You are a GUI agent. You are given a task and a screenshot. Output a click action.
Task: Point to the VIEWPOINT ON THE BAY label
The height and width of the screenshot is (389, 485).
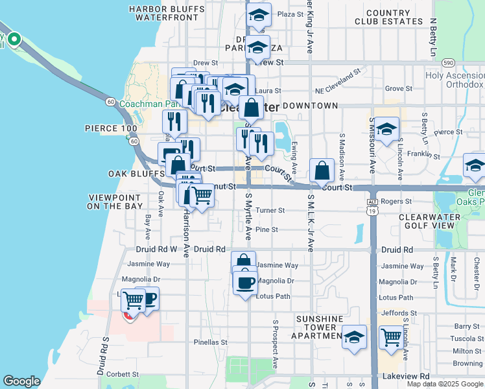click(115, 201)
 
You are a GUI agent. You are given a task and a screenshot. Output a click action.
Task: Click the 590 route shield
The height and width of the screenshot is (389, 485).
click(448, 62)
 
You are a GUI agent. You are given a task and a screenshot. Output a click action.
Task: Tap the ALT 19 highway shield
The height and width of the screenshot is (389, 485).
click(372, 206)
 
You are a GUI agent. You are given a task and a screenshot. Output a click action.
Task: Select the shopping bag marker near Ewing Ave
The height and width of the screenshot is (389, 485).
click(322, 171)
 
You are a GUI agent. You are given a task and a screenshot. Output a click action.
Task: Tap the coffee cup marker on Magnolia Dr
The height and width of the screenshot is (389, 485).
click(245, 283)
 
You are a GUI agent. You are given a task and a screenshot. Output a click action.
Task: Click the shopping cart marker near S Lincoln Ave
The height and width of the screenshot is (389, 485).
click(391, 337)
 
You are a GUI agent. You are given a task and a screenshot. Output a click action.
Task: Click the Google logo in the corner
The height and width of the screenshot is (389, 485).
click(21, 381)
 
